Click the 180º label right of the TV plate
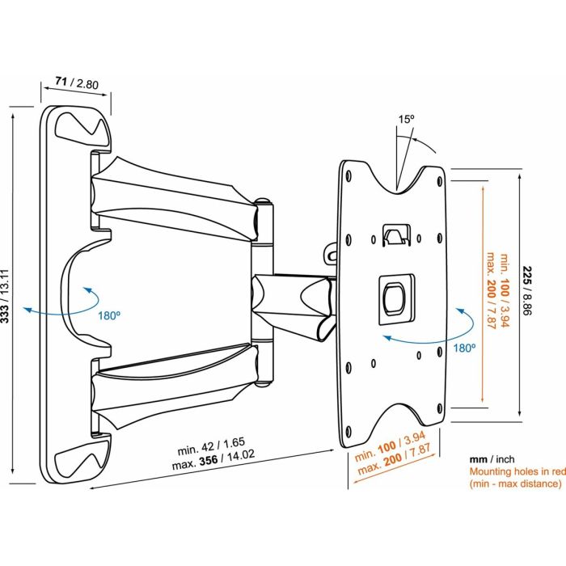[x=465, y=347]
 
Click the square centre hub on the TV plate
[x=394, y=297]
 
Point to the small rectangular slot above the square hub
[x=394, y=234]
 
